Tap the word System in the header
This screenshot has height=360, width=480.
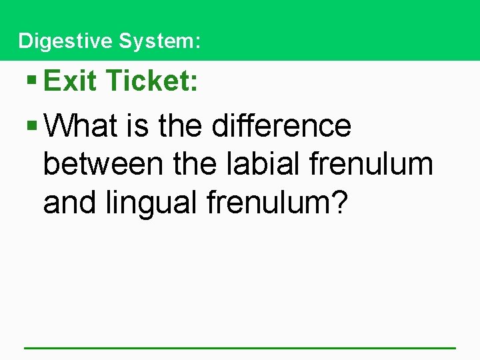click(157, 41)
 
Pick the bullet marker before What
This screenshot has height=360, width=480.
click(31, 125)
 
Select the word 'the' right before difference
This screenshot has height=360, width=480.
click(182, 125)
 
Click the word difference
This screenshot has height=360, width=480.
click(281, 125)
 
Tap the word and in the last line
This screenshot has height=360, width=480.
click(71, 203)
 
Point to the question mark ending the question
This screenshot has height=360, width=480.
click(339, 203)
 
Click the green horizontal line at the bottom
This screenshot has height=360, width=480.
click(240, 347)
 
